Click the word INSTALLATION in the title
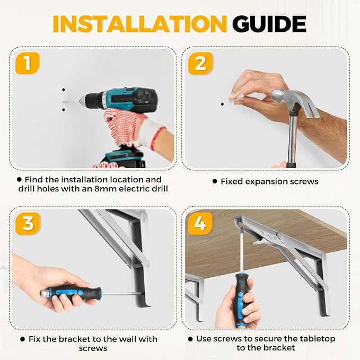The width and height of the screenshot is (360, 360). [139, 24]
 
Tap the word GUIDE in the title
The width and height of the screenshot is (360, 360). [269, 24]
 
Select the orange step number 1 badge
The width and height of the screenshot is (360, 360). [28, 63]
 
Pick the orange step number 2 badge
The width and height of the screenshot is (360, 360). [200, 63]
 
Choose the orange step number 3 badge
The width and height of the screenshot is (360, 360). [28, 224]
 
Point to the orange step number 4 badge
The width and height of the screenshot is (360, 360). [200, 224]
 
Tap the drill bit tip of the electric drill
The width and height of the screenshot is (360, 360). [63, 101]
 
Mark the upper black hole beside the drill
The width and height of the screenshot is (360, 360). [64, 90]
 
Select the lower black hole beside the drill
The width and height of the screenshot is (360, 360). [64, 110]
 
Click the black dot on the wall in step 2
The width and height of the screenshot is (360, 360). [222, 104]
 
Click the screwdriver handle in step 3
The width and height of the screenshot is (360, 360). [72, 293]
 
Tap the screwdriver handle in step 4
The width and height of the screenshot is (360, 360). [241, 299]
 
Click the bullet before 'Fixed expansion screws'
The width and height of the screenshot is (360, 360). [215, 182]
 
